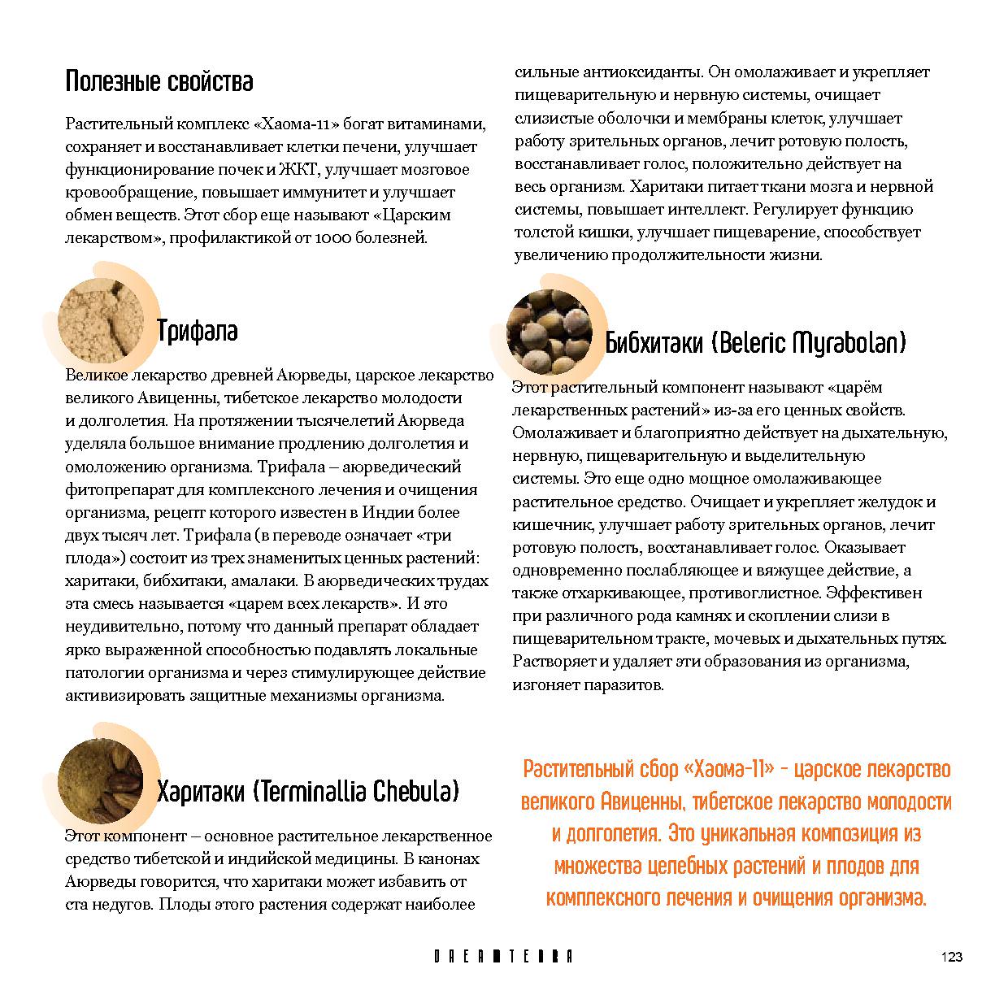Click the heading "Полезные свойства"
159,82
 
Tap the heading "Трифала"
197,332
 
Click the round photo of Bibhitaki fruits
550,332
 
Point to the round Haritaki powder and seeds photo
100,782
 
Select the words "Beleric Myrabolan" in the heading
808,343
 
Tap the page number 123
951,957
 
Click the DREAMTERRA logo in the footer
503,957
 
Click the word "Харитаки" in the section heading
199,791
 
